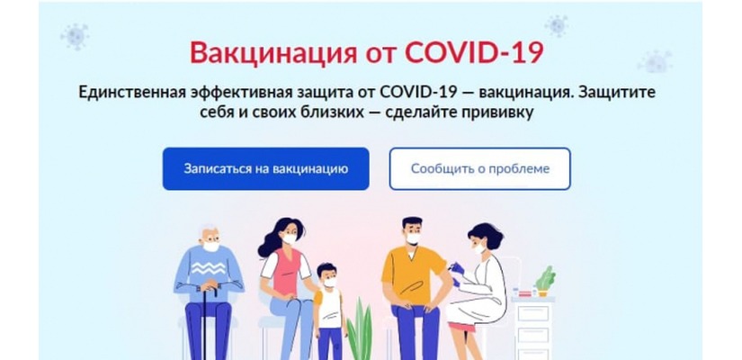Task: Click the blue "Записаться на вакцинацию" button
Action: [x=265, y=168]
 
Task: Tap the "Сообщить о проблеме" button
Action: [x=479, y=168]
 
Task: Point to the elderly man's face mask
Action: [x=210, y=245]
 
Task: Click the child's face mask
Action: [x=328, y=281]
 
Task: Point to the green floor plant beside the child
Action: [x=360, y=328]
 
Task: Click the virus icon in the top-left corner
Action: [x=74, y=36]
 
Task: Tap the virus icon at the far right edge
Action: [x=655, y=61]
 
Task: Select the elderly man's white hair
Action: [x=209, y=229]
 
